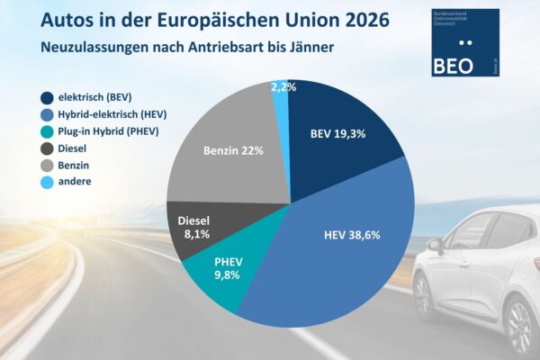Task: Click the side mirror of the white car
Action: (436, 244)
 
